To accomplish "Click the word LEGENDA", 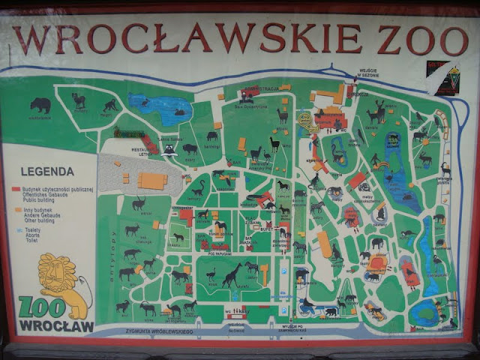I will click(x=47, y=172).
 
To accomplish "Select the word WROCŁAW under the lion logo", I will click(x=56, y=326).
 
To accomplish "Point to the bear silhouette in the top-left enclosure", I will click(x=40, y=104).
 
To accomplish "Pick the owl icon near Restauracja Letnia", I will click(x=170, y=149).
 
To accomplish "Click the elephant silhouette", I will click(x=377, y=243).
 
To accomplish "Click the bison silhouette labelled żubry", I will click(x=190, y=148).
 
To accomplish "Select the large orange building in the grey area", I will click(x=153, y=181).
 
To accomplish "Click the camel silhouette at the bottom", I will click(x=173, y=308).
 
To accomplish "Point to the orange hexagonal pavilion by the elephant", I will click(x=377, y=263).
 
